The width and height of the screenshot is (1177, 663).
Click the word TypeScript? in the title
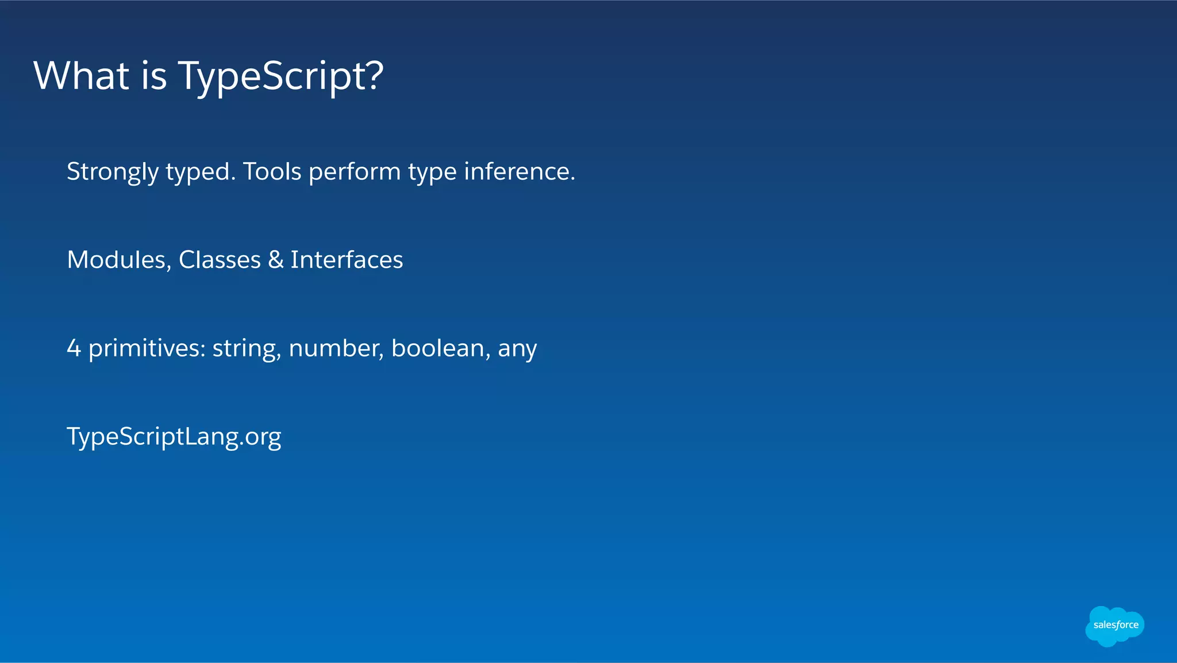[280, 76]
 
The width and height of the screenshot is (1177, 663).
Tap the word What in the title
[81, 76]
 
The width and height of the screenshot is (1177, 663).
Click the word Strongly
[113, 172]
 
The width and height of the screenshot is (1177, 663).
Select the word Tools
[272, 171]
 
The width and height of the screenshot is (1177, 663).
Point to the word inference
[519, 171]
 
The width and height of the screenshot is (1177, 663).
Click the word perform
[355, 172]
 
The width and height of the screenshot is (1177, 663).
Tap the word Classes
[220, 260]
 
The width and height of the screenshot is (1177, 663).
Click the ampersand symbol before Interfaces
[276, 260]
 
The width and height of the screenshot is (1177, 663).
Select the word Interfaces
[347, 260]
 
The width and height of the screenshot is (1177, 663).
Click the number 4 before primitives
[74, 348]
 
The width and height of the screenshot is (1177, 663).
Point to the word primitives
[147, 348]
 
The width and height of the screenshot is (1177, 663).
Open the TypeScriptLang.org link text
[174, 437]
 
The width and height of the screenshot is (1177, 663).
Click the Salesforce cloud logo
[1115, 626]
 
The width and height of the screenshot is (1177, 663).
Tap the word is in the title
[154, 76]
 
